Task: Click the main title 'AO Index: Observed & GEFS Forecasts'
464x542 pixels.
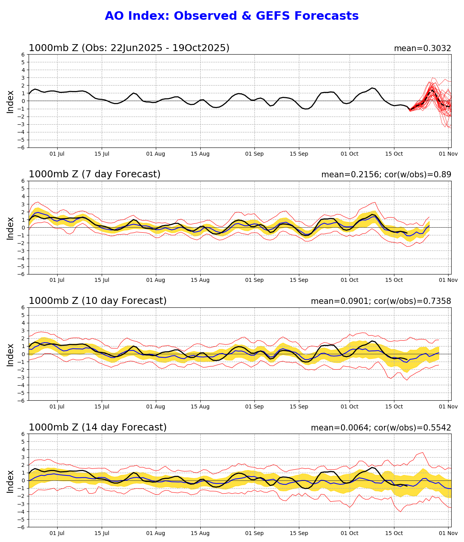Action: click(232, 16)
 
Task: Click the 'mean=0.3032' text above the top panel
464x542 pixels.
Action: click(422, 48)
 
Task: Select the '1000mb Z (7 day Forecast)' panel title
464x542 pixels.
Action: click(94, 174)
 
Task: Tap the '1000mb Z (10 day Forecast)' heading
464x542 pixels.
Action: click(97, 301)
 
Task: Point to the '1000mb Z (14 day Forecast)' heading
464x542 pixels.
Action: click(97, 427)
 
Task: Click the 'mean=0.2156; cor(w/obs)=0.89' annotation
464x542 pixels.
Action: click(386, 175)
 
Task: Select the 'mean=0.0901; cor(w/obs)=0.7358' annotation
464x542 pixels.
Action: click(381, 301)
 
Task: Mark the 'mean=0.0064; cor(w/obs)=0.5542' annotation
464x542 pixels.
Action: click(381, 428)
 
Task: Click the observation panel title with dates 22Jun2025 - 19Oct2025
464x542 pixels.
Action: click(129, 48)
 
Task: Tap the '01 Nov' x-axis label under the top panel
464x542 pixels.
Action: click(449, 154)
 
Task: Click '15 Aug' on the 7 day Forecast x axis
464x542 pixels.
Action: click(200, 280)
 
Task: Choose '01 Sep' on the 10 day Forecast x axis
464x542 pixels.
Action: click(254, 406)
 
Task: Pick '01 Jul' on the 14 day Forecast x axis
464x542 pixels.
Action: click(58, 533)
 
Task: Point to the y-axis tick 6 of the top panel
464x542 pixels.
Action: click(23, 55)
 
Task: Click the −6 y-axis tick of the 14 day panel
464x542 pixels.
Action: click(22, 527)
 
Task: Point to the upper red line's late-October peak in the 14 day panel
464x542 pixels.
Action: click(423, 453)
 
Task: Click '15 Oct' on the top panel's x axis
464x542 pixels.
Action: click(394, 154)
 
